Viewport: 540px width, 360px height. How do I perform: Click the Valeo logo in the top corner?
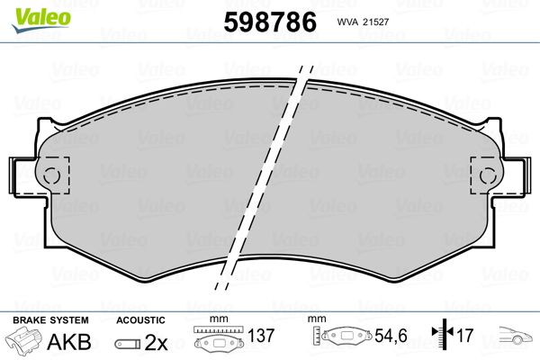pyautogui.click(x=41, y=21)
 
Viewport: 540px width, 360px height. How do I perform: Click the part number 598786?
pyautogui.click(x=270, y=22)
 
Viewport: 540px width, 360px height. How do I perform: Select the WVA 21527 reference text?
pyautogui.click(x=363, y=22)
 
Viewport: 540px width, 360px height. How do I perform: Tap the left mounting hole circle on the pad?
pyautogui.click(x=51, y=175)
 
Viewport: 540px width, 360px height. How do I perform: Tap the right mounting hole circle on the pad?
pyautogui.click(x=488, y=175)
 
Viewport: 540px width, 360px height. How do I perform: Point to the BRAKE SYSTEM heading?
pyautogui.click(x=50, y=320)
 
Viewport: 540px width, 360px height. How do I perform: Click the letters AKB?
pyautogui.click(x=69, y=342)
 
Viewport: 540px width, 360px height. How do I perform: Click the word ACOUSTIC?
pyautogui.click(x=141, y=320)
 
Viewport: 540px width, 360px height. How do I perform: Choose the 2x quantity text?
pyautogui.click(x=156, y=342)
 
